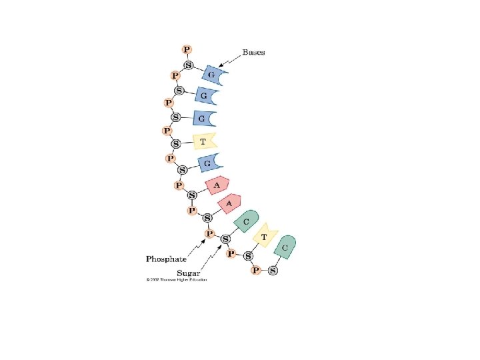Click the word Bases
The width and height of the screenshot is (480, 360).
click(x=253, y=53)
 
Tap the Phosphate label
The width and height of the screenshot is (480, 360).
click(x=166, y=259)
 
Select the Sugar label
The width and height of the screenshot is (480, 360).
click(x=189, y=273)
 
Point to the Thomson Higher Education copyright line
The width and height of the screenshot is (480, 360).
click(x=177, y=279)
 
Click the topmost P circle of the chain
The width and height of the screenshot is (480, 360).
click(x=187, y=49)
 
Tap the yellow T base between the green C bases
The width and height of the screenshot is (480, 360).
click(x=266, y=235)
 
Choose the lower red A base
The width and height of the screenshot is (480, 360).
click(x=230, y=203)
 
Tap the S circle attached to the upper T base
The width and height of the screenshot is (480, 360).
click(x=176, y=144)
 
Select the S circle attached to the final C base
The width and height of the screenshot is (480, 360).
click(x=273, y=271)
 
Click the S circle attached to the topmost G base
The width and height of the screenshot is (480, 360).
click(x=189, y=65)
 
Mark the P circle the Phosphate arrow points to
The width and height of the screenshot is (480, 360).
click(x=209, y=233)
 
